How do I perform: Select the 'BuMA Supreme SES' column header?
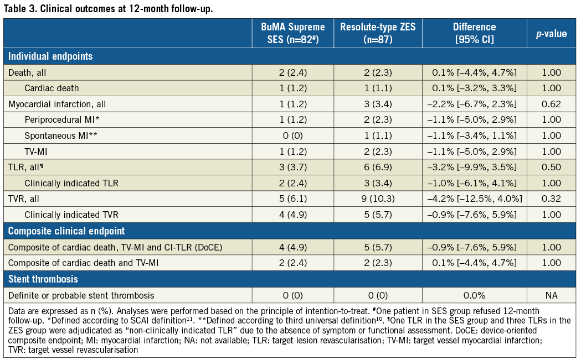[293, 33]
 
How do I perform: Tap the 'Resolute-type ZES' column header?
[377, 33]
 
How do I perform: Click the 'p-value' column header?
[551, 34]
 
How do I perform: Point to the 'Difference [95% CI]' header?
[474, 33]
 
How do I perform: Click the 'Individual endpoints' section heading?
[50, 56]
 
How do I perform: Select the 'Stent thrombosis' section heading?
[43, 279]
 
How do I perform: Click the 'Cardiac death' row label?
[52, 88]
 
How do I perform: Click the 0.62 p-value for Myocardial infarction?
[551, 104]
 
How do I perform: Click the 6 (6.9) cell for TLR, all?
[377, 168]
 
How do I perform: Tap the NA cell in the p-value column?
[551, 295]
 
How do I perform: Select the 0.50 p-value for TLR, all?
[551, 168]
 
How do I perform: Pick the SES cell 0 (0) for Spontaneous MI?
[293, 135]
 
